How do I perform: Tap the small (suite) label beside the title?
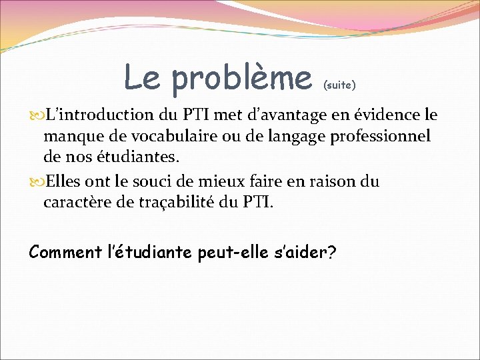click(x=340, y=85)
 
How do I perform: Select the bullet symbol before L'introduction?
click(x=35, y=115)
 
